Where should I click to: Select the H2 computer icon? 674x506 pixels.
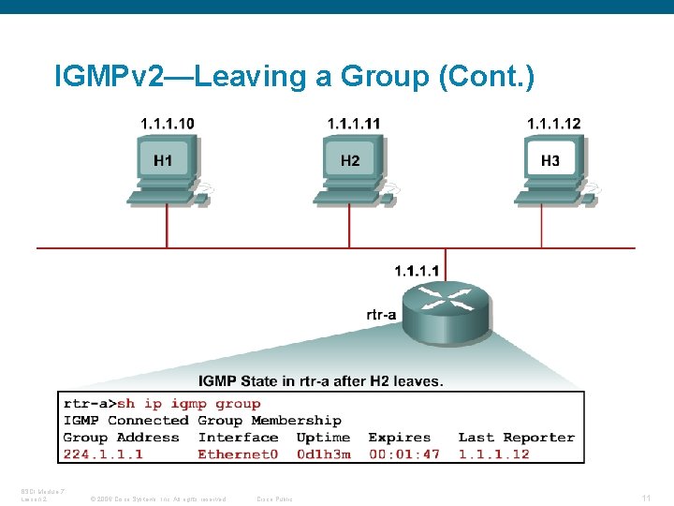[x=350, y=168]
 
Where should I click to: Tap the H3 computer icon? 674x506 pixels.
[x=550, y=168]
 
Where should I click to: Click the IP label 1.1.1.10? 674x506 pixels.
[x=168, y=124]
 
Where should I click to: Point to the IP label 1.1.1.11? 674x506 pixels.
[x=354, y=124]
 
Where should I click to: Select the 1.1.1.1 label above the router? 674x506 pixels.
[x=417, y=271]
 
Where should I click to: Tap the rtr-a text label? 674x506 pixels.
[x=382, y=316]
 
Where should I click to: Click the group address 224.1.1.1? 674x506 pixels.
[x=103, y=454]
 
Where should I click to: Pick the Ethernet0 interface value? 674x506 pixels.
[x=238, y=454]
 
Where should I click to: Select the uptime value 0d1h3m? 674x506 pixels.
[x=323, y=454]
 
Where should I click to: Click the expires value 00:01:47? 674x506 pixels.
[x=403, y=454]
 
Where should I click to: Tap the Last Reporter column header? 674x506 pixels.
[x=516, y=438]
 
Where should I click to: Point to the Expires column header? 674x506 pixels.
[x=400, y=438]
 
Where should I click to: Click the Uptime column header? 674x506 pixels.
[x=323, y=438]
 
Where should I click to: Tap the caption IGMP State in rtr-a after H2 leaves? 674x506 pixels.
[x=321, y=380]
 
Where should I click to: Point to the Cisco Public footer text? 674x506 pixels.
[x=274, y=499]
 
